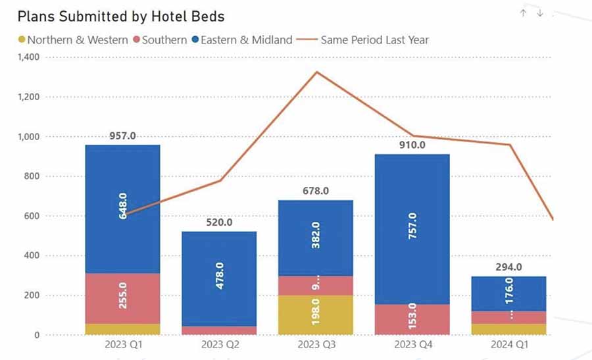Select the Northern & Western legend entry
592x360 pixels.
pyautogui.click(x=72, y=40)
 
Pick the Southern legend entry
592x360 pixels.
pyautogui.click(x=160, y=40)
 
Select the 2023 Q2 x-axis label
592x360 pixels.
pyautogui.click(x=219, y=344)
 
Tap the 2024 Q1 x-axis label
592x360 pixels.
pyautogui.click(x=508, y=344)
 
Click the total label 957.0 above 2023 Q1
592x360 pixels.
pyautogui.click(x=122, y=136)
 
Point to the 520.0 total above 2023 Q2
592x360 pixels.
pyautogui.click(x=219, y=223)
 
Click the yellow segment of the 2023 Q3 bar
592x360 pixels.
pyautogui.click(x=316, y=315)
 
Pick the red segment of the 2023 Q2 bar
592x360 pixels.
pyautogui.click(x=219, y=330)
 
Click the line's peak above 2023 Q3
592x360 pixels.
pyautogui.click(x=316, y=72)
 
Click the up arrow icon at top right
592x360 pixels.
pyautogui.click(x=523, y=13)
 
